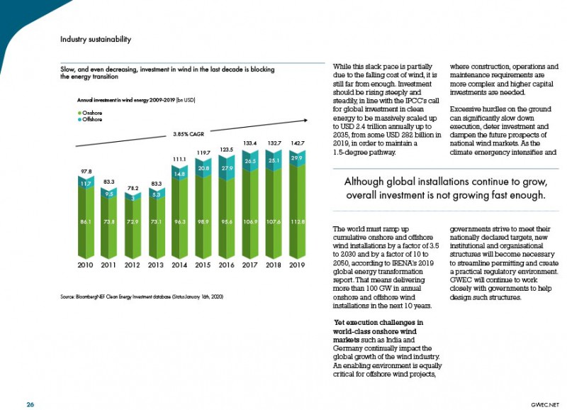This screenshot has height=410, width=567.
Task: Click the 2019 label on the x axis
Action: (297, 265)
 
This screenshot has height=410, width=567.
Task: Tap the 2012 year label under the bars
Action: (132, 265)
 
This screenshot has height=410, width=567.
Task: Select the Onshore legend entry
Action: (90, 113)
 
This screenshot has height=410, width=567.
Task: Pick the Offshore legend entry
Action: (90, 119)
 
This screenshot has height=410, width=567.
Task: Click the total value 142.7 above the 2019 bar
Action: (298, 143)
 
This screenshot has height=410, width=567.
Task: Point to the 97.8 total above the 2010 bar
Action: (85, 171)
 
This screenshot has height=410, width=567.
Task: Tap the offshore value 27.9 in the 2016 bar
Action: (227, 168)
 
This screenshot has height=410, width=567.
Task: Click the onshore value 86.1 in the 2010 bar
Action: (85, 221)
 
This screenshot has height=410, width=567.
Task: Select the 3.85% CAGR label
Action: (189, 134)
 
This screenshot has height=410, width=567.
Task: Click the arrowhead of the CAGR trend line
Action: (306, 120)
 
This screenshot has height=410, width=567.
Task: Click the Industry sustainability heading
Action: (96, 39)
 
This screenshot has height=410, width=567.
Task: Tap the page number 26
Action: (30, 404)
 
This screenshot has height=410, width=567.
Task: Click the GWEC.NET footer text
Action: (545, 405)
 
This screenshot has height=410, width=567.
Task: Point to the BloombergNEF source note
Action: (141, 297)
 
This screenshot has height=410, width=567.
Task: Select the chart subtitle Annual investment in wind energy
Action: (136, 100)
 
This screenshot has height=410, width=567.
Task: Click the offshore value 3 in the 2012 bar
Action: (133, 198)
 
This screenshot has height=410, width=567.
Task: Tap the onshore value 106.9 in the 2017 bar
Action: (250, 221)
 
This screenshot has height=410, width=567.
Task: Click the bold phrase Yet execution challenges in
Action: (378, 323)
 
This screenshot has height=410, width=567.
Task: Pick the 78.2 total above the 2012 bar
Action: (133, 188)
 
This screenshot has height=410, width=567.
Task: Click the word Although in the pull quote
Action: (364, 182)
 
